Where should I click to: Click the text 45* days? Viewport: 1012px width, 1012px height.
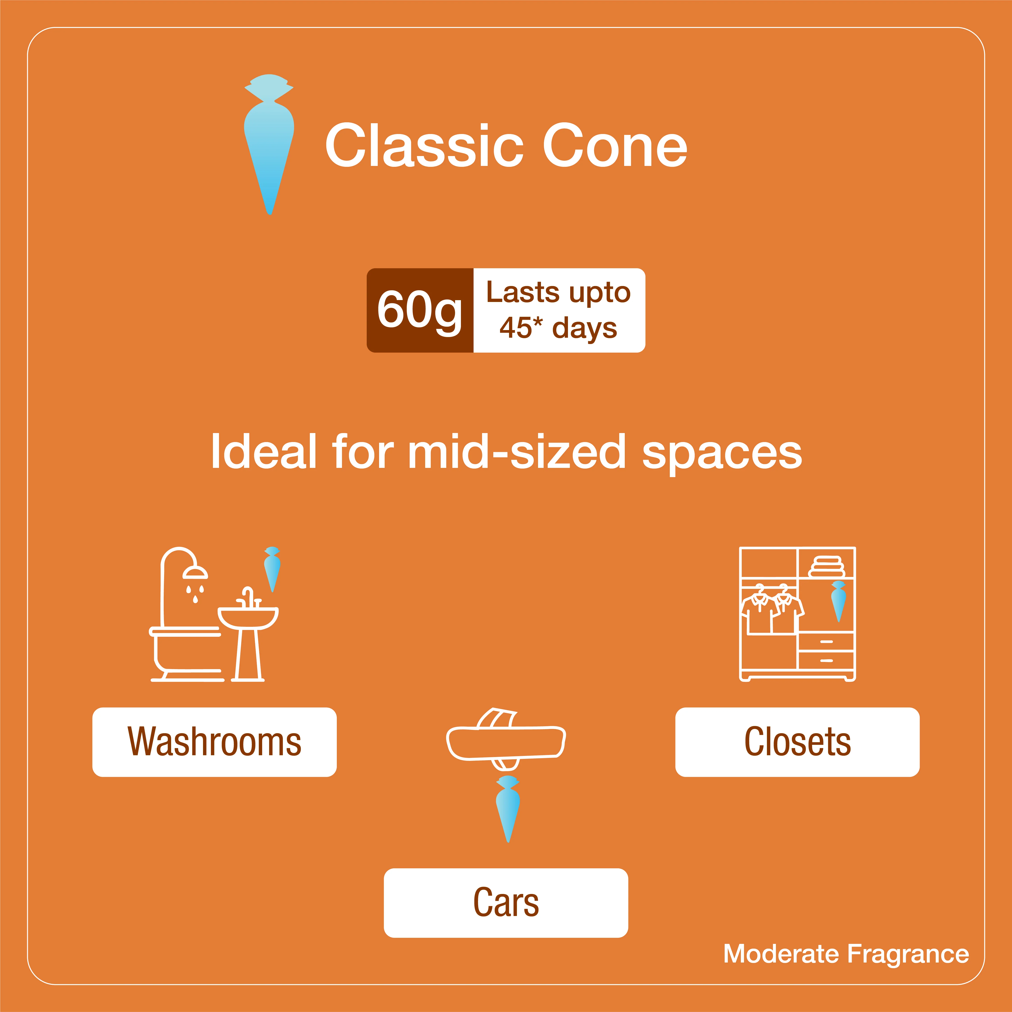[558, 328]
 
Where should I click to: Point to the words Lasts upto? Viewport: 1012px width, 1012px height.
[558, 292]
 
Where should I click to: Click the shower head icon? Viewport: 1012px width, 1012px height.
[195, 572]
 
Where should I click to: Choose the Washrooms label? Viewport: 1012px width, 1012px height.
[214, 742]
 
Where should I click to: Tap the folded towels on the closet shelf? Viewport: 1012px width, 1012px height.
[827, 566]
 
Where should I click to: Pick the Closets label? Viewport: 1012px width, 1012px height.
[797, 742]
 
